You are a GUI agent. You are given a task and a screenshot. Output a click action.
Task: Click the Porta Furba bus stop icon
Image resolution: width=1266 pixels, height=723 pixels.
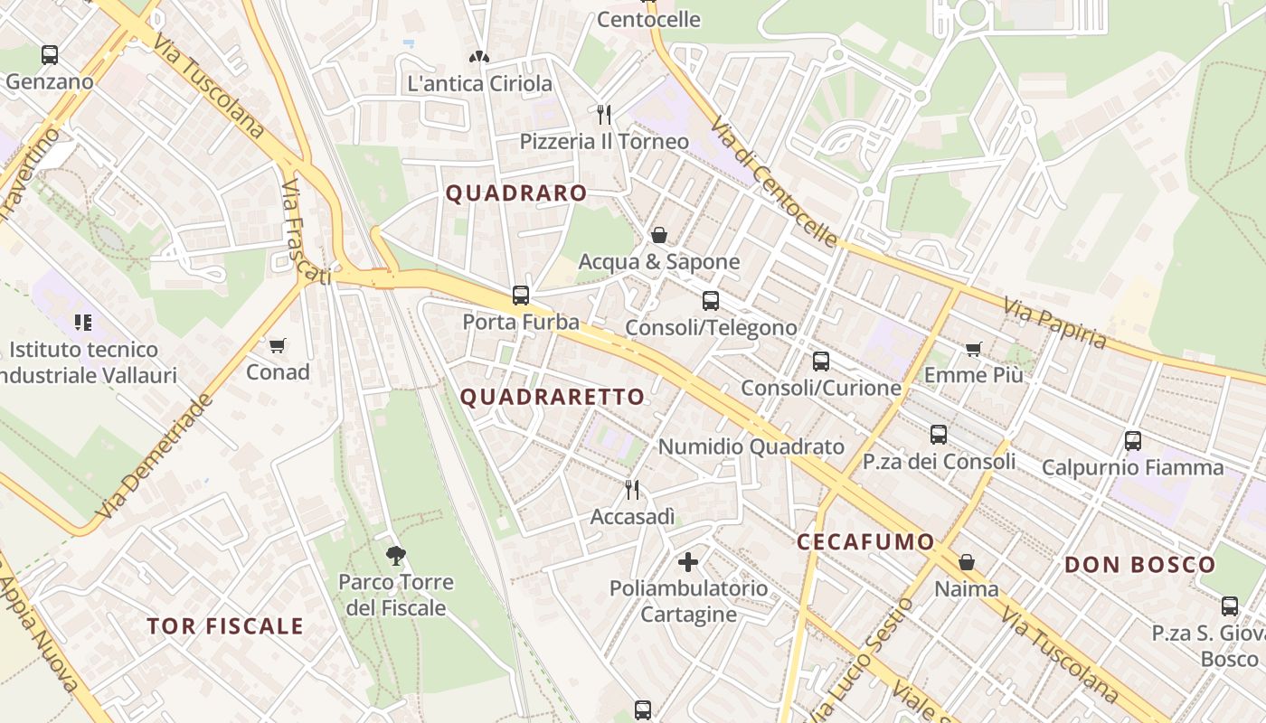521,295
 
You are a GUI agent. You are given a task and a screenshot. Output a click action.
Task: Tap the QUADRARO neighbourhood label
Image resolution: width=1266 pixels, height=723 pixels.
516,193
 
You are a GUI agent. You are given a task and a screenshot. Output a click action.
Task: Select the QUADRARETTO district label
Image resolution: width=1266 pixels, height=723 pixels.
553,397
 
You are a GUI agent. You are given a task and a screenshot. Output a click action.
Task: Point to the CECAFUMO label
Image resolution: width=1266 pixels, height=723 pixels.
865,542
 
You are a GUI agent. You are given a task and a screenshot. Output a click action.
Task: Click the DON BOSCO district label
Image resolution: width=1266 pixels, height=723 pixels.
1139,566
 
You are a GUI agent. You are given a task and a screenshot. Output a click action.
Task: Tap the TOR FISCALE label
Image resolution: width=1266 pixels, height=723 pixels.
225,626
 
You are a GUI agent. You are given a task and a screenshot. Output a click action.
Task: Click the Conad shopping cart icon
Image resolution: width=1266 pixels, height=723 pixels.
278,345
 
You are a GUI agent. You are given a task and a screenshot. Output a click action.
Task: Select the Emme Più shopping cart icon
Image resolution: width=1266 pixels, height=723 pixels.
974,349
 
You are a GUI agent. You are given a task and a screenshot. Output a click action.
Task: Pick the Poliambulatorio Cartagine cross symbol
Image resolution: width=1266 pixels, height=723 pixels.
688,562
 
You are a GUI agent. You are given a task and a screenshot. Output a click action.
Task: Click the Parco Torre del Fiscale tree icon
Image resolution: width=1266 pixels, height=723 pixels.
395,555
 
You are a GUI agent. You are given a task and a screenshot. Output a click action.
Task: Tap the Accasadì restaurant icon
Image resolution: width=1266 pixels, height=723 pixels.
632,490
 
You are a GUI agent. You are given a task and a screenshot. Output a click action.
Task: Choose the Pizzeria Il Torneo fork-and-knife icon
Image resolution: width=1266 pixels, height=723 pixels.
604,115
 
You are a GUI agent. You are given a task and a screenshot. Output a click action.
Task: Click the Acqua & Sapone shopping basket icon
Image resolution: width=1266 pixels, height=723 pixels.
659,236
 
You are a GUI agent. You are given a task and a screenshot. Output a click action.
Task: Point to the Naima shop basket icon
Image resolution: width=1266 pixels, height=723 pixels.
967,562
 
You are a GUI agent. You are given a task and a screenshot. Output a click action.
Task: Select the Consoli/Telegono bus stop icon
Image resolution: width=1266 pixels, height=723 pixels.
711,301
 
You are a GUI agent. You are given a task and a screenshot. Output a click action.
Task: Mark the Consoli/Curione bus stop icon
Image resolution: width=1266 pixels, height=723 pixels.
821,361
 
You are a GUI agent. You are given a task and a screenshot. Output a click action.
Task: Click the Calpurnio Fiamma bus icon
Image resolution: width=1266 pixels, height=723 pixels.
1133,441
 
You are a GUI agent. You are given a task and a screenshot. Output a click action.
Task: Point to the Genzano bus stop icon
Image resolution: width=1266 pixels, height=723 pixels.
50,55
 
